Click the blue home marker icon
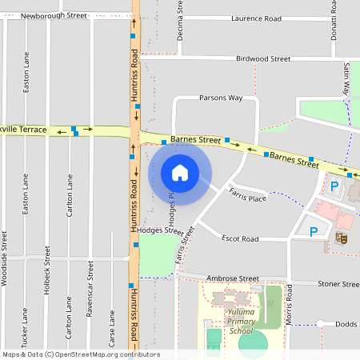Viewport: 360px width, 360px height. (180, 173)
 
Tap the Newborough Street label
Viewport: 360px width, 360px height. (54, 15)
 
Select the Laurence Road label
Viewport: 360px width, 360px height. (256, 18)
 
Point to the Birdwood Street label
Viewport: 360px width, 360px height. (263, 58)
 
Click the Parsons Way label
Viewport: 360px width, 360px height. (220, 98)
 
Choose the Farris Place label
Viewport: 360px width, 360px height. (247, 194)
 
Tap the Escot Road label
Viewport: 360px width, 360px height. (240, 238)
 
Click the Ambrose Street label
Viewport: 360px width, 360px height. (233, 278)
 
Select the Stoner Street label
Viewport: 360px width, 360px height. (338, 284)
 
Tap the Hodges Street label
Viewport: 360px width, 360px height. (160, 230)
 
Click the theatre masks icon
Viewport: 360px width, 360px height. (340, 238)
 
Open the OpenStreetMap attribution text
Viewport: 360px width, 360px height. (81, 354)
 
